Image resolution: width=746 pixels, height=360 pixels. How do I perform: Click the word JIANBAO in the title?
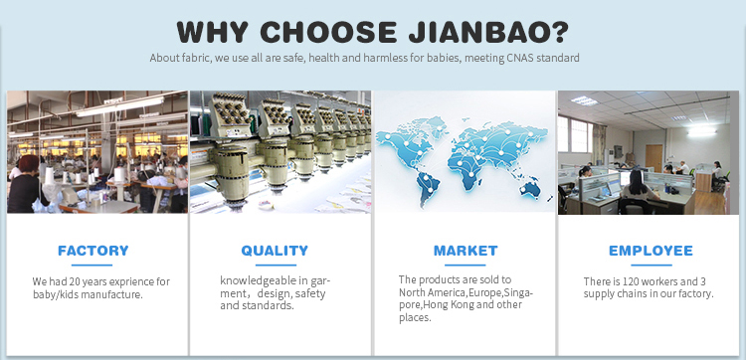(488, 32)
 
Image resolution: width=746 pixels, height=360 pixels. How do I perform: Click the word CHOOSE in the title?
(328, 32)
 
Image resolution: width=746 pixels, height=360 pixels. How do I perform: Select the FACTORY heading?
(93, 251)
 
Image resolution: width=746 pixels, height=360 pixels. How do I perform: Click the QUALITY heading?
(275, 251)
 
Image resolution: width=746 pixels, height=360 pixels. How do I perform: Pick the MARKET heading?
(466, 251)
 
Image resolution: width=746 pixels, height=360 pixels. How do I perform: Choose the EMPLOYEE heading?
(651, 251)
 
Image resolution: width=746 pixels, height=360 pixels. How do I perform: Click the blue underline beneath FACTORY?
(92, 265)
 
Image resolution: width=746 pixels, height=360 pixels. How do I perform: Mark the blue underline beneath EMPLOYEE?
(652, 265)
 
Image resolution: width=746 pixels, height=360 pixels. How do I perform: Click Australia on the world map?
(529, 188)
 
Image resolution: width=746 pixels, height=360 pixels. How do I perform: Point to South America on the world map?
(427, 187)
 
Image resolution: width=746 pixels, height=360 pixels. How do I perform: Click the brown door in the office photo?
(653, 158)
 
